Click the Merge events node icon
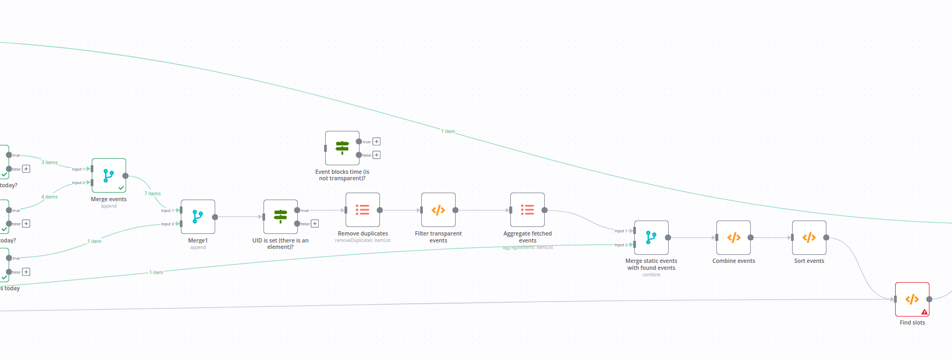(108, 175)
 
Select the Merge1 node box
(198, 217)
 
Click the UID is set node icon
(281, 216)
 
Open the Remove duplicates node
(363, 210)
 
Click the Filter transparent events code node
(438, 210)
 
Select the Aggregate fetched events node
(528, 210)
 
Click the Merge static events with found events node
(651, 237)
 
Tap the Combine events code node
(734, 237)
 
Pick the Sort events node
(809, 237)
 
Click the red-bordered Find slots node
(912, 299)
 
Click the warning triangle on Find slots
(924, 312)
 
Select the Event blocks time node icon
(342, 148)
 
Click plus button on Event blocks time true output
(377, 142)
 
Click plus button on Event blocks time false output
(377, 155)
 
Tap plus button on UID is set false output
(315, 224)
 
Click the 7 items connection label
(152, 194)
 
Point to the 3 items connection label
(49, 163)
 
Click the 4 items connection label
(49, 197)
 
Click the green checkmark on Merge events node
(121, 188)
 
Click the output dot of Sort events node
(826, 237)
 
